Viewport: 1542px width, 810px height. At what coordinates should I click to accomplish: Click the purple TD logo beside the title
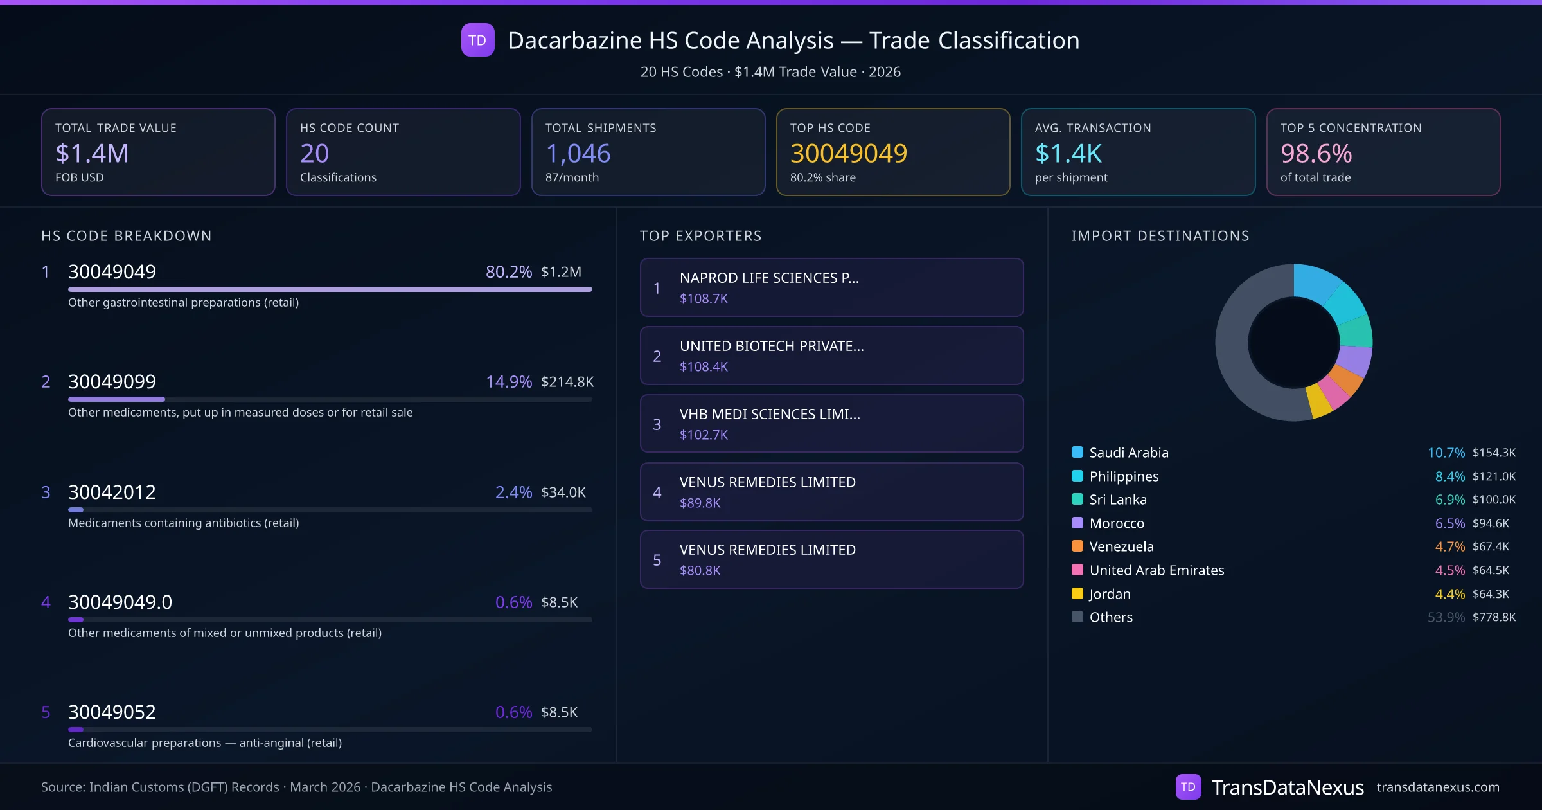click(477, 40)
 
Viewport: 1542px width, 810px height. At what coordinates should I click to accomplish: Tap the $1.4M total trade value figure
click(92, 153)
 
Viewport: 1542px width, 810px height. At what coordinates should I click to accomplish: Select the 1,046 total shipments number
click(578, 153)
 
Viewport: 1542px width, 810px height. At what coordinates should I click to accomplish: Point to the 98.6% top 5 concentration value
click(1316, 153)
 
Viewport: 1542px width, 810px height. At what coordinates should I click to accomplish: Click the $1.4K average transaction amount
click(1068, 153)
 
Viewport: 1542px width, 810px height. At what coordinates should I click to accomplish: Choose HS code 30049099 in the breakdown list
click(112, 382)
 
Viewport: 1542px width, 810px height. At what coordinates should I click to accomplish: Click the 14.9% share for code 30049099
click(508, 382)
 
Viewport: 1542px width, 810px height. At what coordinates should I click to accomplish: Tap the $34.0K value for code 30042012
click(563, 492)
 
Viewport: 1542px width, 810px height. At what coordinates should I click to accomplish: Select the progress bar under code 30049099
click(330, 399)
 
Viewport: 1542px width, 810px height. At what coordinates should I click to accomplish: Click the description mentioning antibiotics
click(183, 523)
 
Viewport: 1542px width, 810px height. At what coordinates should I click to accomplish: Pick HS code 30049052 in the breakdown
click(112, 712)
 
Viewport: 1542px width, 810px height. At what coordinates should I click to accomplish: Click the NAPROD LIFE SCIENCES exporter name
click(768, 278)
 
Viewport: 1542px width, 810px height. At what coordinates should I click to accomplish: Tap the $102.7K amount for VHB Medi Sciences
click(704, 435)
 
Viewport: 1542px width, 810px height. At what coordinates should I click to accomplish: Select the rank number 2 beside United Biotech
click(657, 357)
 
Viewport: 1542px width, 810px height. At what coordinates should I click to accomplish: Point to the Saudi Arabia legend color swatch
click(1077, 452)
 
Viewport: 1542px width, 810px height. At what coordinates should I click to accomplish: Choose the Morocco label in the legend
click(1117, 523)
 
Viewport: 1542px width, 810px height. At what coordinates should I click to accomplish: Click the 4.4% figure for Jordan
click(1449, 594)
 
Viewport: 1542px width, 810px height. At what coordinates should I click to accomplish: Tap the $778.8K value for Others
click(1494, 617)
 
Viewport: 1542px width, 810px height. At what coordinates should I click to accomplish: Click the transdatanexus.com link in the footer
click(1437, 788)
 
